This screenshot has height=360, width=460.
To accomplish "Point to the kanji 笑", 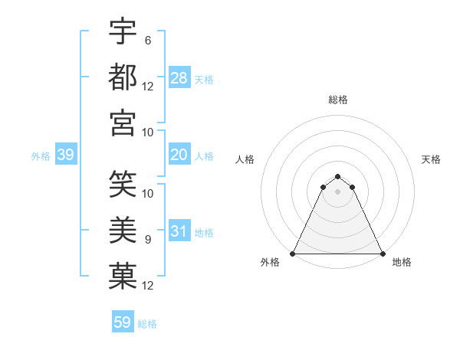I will (123, 183).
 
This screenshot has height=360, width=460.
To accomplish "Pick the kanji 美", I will (123, 229).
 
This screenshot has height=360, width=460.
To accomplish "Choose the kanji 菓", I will (123, 275).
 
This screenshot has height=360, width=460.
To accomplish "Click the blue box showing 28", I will (179, 78).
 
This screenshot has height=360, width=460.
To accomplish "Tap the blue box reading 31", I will (179, 232).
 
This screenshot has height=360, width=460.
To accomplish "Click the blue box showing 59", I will (123, 322).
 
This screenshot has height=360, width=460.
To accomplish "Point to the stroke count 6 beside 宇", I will (148, 40).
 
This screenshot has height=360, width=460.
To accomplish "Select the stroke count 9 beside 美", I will (148, 239).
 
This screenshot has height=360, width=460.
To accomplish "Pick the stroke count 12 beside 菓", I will (148, 285).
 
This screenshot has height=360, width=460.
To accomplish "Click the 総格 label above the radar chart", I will (337, 100).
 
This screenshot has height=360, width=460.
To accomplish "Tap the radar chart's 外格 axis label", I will (270, 262).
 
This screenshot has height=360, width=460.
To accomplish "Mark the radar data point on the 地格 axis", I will (382, 253).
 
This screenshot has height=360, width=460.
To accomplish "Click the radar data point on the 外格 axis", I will (293, 253).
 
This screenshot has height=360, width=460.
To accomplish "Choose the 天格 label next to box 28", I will (204, 79).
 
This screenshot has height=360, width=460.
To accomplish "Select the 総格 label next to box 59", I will (147, 324).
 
